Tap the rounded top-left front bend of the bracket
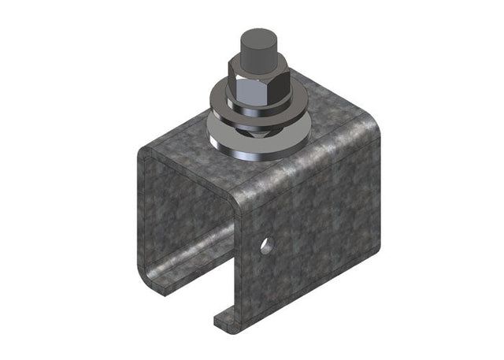point(154,154)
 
